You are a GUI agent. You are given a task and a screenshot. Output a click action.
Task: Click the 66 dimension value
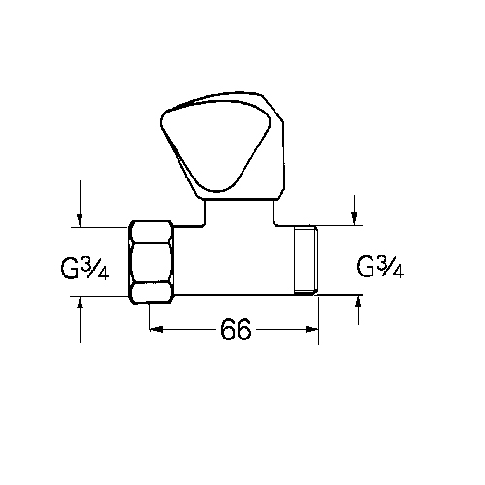[236, 329]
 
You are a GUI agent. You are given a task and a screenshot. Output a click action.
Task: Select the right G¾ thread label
[380, 267]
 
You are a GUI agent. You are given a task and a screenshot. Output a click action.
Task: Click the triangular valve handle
[222, 146]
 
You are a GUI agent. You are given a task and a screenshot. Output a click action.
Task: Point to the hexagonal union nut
[151, 262]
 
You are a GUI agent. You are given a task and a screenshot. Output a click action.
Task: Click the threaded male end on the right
[306, 260]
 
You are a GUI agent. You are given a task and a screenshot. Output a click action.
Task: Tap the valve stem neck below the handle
[239, 211]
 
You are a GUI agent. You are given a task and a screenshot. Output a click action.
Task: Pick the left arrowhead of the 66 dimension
[156, 329]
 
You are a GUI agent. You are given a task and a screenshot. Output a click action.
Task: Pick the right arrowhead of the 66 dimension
[312, 329]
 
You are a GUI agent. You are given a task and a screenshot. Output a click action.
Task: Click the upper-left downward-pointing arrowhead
[80, 220]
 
